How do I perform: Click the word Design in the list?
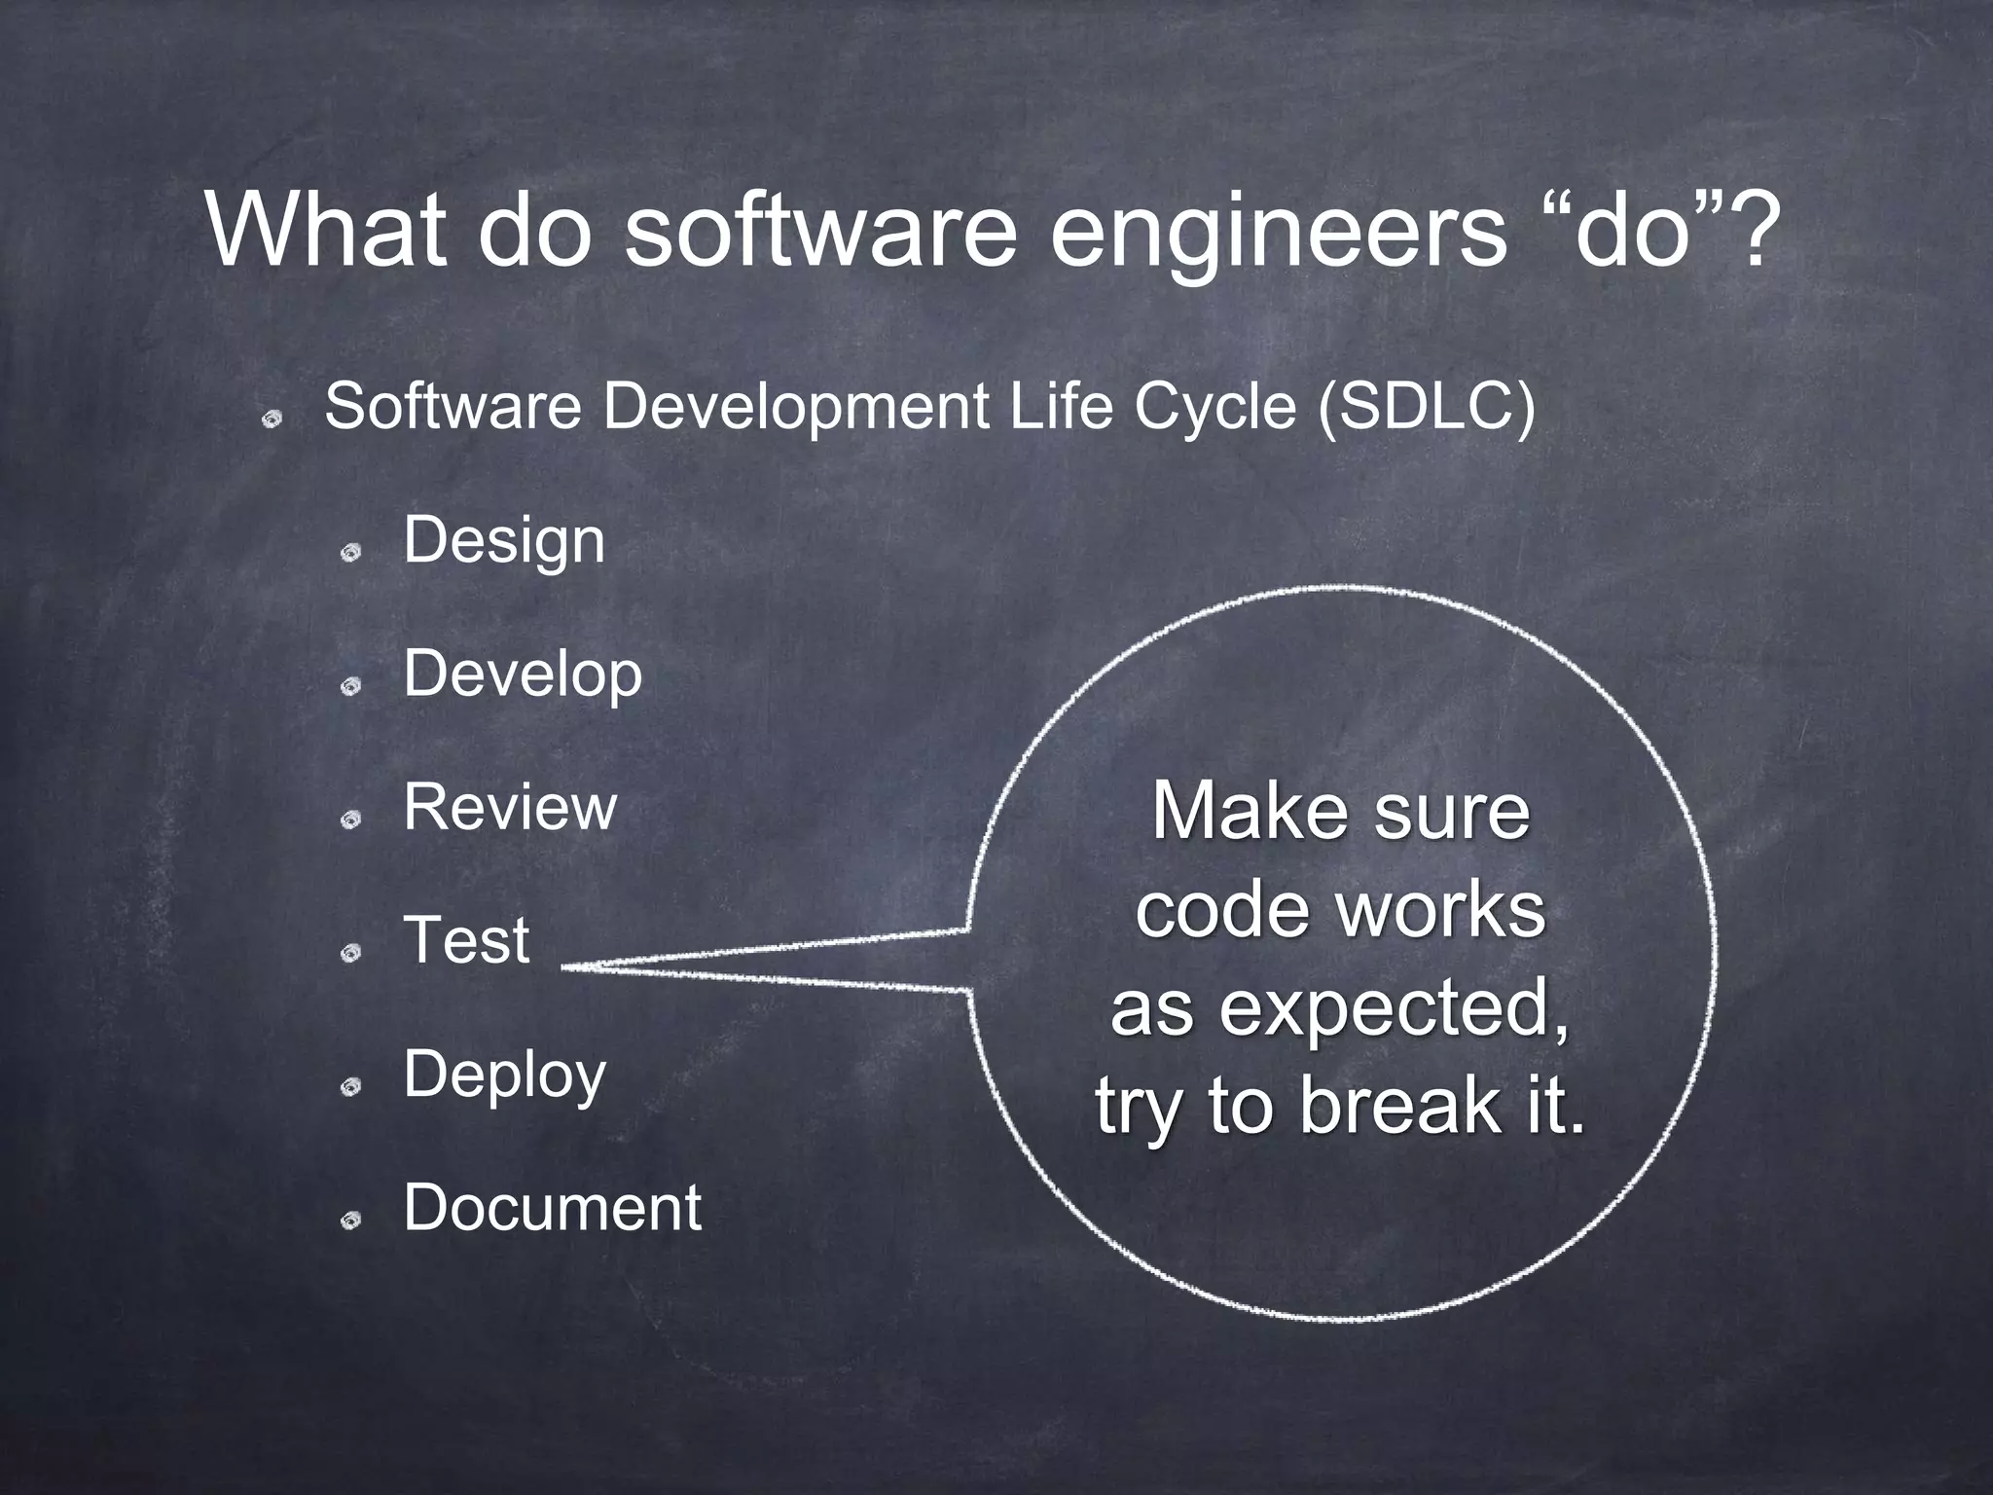coord(504,541)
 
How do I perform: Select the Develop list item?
coord(523,674)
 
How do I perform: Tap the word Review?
coord(510,807)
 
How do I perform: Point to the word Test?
coord(466,940)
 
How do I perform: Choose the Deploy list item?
coord(504,1075)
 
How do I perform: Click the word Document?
coord(552,1208)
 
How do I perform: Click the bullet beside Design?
coord(350,553)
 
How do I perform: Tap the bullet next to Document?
coord(350,1220)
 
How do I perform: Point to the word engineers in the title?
coord(1277,234)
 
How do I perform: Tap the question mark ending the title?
coord(1754,234)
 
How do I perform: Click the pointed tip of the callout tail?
coord(564,967)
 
